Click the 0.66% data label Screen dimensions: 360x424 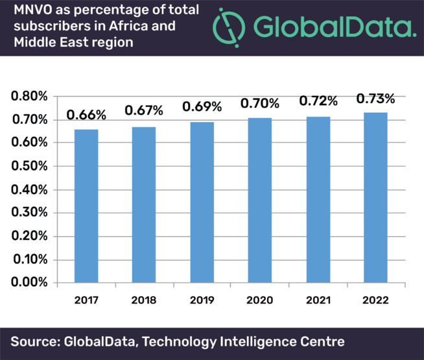click(86, 115)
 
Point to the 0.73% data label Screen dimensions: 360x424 click(375, 99)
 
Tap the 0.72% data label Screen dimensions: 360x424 click(318, 101)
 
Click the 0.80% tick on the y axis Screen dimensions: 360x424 click(29, 97)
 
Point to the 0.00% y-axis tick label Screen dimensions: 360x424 click(29, 283)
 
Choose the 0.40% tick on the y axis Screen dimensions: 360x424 click(29, 190)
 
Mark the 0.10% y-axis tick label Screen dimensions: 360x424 click(29, 260)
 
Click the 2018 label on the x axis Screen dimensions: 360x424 click(143, 300)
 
